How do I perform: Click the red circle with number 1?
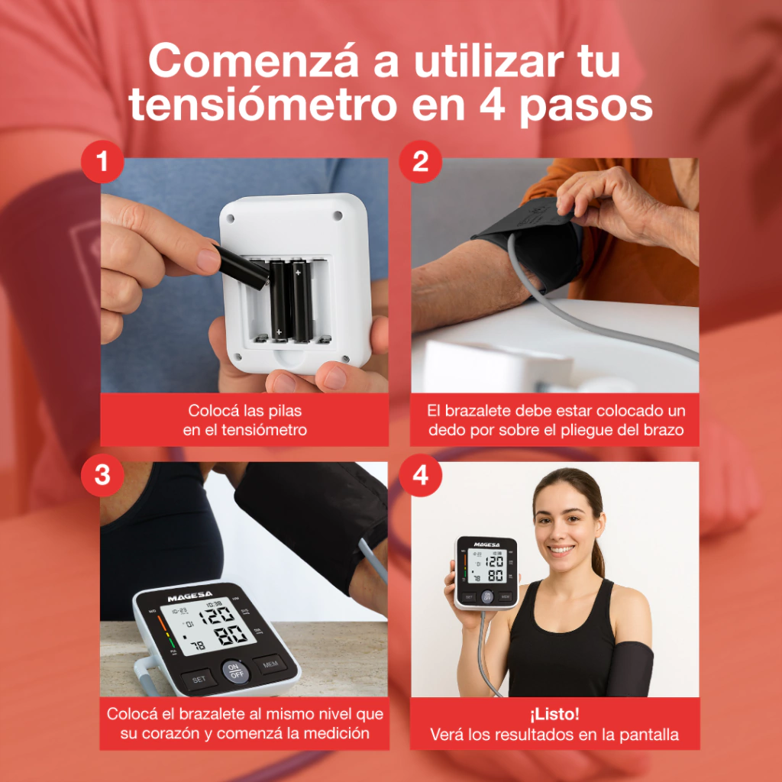102,162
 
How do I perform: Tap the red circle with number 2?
421,162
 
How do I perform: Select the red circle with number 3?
102,475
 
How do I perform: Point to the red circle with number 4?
421,475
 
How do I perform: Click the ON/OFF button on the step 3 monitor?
235,671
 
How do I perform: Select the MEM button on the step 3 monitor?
270,664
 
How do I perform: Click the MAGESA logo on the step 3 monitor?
190,596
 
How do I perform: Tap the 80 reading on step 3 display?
231,635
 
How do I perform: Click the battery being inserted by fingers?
243,267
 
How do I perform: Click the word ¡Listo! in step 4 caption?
554,714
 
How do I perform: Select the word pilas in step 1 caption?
285,411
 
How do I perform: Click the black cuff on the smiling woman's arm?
629,669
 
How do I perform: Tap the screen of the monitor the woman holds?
486,566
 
